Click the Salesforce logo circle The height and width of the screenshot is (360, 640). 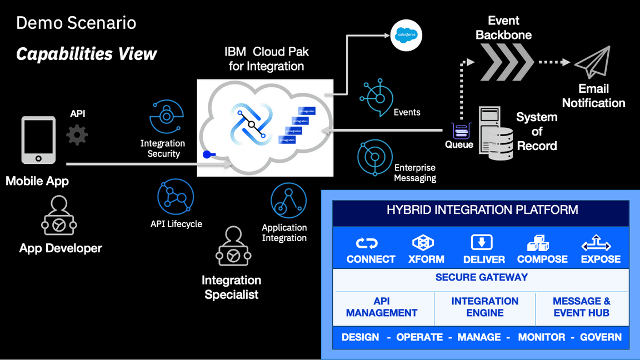(407, 35)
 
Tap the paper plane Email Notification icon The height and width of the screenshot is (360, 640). (593, 62)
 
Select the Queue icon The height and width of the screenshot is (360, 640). (460, 131)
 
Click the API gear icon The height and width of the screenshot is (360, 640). (77, 135)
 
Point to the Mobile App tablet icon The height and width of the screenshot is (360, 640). (38, 140)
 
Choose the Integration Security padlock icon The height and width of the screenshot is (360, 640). (166, 116)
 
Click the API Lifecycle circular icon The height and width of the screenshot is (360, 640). (176, 197)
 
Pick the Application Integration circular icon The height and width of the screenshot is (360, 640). (288, 201)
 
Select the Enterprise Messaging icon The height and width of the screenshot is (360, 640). (375, 157)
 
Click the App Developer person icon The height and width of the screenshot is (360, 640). (59, 218)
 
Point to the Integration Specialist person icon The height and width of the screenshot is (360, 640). (233, 247)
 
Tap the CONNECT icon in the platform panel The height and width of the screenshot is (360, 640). (367, 243)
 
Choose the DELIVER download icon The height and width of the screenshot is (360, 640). (482, 243)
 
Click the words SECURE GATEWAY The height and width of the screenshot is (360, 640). (481, 277)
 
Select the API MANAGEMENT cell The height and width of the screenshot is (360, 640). (382, 307)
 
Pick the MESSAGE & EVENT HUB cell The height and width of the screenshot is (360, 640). (581, 307)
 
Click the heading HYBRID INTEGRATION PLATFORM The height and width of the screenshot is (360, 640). (482, 210)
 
